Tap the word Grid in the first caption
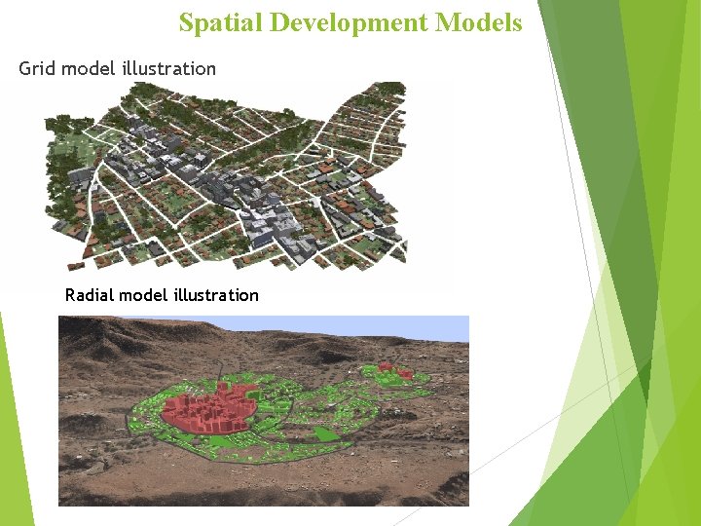point(37,68)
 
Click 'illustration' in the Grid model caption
point(169,68)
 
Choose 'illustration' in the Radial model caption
point(214,295)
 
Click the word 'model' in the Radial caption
point(143,295)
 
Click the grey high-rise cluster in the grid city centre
point(243,190)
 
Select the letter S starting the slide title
point(186,23)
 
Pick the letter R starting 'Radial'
point(70,295)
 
